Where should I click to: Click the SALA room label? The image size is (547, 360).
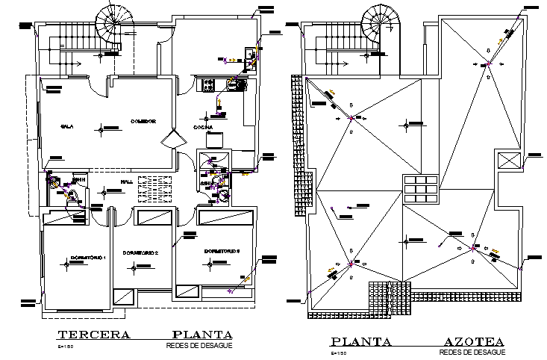click(x=66, y=127)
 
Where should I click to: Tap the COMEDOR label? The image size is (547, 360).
click(x=143, y=121)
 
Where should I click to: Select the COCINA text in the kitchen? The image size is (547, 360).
click(x=204, y=128)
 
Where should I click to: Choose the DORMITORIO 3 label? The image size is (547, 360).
click(x=221, y=251)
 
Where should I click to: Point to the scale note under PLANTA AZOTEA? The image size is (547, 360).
click(x=340, y=352)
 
